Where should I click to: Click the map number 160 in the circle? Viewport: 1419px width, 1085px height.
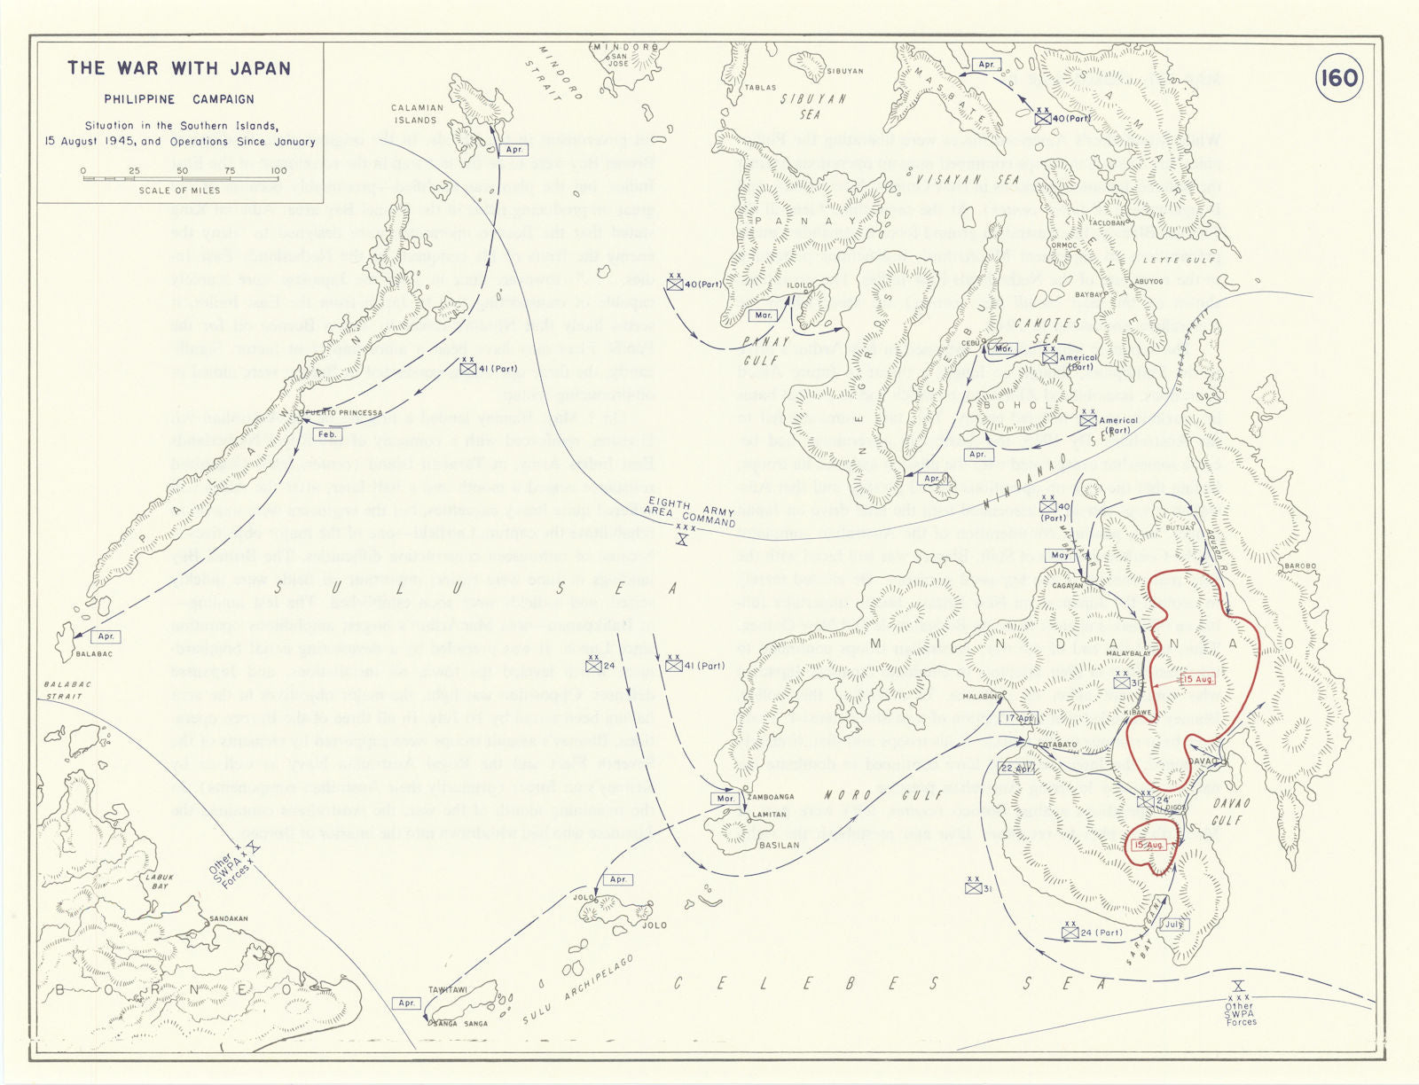click(x=1337, y=78)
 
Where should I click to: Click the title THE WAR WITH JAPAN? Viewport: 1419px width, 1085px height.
click(x=179, y=68)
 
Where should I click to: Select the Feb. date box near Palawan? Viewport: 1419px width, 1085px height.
click(x=327, y=434)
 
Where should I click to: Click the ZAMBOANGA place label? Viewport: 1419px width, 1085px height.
click(x=770, y=797)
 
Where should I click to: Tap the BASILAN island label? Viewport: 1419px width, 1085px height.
click(x=779, y=845)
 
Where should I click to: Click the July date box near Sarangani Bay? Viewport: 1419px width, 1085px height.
click(x=1173, y=924)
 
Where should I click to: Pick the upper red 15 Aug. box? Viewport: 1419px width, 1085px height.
click(x=1196, y=679)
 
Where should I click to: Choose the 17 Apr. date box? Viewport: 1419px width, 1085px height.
click(x=1020, y=718)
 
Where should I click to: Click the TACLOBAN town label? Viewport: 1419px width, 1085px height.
click(x=1106, y=223)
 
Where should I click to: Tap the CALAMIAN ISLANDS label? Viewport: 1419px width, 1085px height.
click(x=417, y=113)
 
